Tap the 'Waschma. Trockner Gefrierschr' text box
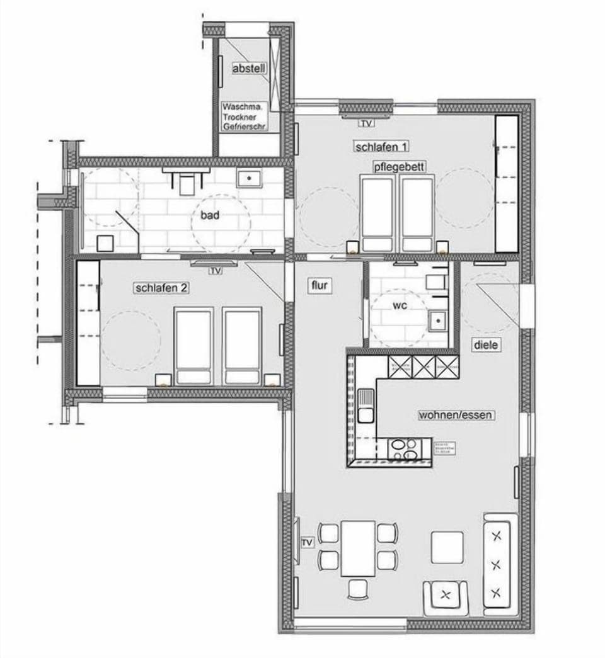pyautogui.click(x=244, y=117)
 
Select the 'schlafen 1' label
pyautogui.click(x=381, y=147)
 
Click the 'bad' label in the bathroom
pyautogui.click(x=210, y=215)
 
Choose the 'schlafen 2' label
pyautogui.click(x=162, y=288)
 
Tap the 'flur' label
pyautogui.click(x=320, y=286)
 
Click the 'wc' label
pyautogui.click(x=400, y=306)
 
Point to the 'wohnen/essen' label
pyautogui.click(x=456, y=416)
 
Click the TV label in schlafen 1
pyautogui.click(x=367, y=123)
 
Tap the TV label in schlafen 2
pyautogui.click(x=216, y=271)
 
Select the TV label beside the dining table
pyautogui.click(x=307, y=542)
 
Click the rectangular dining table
pyautogui.click(x=357, y=548)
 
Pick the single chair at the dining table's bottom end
pyautogui.click(x=358, y=589)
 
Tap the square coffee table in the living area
pyautogui.click(x=447, y=547)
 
